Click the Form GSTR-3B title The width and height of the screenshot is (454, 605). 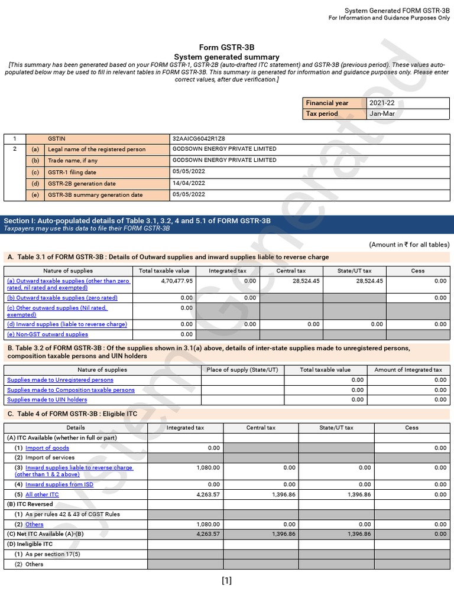(x=227, y=47)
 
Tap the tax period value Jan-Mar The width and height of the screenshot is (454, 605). (x=381, y=113)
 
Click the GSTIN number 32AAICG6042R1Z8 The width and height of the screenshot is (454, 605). (x=199, y=138)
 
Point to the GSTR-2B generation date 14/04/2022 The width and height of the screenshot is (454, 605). (x=189, y=183)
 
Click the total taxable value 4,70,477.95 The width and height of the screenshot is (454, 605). (x=177, y=281)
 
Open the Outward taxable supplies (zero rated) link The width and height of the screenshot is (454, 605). (x=62, y=298)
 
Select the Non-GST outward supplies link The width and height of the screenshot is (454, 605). (x=47, y=334)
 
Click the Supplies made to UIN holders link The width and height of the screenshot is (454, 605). (x=47, y=400)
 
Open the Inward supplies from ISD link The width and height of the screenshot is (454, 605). (x=59, y=484)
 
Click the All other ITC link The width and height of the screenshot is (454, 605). (x=42, y=495)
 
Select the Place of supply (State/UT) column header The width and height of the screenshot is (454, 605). (x=242, y=370)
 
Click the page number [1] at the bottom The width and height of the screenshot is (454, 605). (x=226, y=580)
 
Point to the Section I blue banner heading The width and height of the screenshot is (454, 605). (x=137, y=221)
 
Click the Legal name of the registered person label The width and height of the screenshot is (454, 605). (x=96, y=149)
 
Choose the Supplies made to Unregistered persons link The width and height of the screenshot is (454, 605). (x=60, y=380)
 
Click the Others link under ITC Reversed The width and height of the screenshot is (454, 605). (x=34, y=525)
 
